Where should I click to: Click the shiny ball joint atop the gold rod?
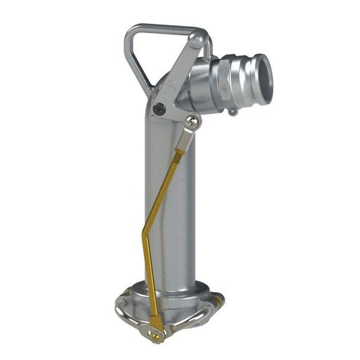point(193,122)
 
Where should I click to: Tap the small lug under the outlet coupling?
point(234,111)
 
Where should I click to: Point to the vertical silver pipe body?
point(172,203)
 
